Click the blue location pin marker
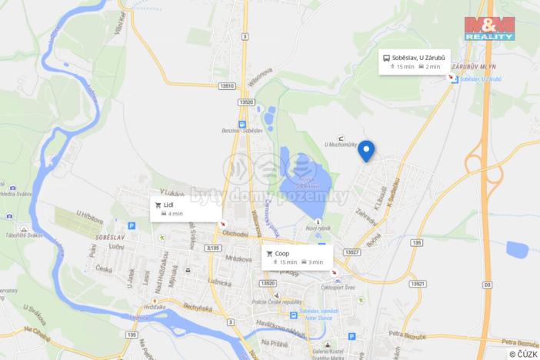pos(366,150)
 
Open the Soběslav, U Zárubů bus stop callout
pos(415,62)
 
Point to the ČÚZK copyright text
pos(523,354)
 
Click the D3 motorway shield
pos(488,285)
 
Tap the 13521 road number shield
pos(418,283)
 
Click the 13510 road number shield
pos(226,87)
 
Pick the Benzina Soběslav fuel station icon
pos(242,123)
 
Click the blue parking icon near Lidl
pos(132,226)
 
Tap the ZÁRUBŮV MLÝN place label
pos(472,67)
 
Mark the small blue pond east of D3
pos(518,249)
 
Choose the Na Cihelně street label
pos(36,332)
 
